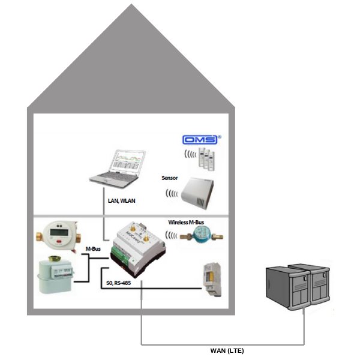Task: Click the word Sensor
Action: point(170,178)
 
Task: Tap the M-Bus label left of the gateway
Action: point(94,248)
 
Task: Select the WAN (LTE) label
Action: point(227,350)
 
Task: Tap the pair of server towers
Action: point(298,289)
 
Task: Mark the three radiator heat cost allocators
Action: point(208,158)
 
